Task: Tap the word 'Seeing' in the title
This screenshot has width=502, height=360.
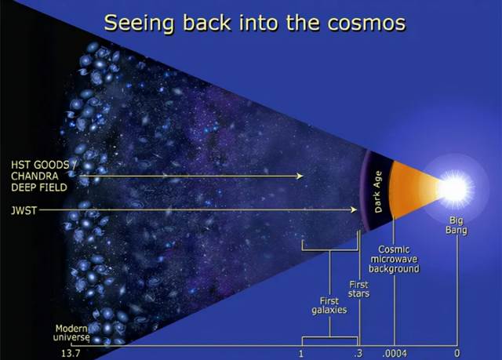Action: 140,24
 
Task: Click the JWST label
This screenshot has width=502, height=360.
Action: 24,210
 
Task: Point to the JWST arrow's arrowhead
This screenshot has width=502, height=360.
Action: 354,209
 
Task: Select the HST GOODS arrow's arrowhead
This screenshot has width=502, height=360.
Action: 300,176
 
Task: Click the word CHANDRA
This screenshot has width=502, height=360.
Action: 35,176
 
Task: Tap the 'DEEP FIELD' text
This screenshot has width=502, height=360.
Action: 39,187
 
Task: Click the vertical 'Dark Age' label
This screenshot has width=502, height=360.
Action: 378,191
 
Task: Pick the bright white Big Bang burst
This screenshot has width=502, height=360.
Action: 456,187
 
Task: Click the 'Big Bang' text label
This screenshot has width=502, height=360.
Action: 457,225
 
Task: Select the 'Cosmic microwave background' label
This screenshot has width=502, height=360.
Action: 394,259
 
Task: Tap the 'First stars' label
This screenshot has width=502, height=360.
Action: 359,289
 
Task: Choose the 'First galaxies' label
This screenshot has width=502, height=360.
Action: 329,305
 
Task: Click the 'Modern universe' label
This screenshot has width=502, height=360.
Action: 71,333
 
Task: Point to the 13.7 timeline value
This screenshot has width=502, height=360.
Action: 71,354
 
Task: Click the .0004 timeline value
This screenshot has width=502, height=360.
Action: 395,354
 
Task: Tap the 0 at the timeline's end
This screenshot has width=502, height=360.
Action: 457,354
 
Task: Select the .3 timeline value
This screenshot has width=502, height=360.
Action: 358,354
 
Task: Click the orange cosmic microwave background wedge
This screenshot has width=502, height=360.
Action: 413,189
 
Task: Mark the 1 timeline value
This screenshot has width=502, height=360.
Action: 300,354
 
